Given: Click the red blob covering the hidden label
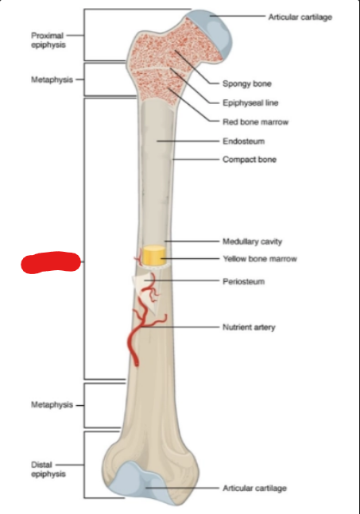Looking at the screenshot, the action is click(51, 262).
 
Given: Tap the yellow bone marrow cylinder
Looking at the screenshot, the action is click(153, 255).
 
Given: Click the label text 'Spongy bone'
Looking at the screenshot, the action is click(247, 83).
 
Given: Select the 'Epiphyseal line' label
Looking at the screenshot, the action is click(250, 103).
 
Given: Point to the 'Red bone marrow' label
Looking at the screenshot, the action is click(255, 122).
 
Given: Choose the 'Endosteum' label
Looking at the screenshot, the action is click(244, 141).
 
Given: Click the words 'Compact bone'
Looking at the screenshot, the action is click(250, 160).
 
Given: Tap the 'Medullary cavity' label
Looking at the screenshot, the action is click(252, 242).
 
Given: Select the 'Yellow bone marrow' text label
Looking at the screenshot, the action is click(260, 259).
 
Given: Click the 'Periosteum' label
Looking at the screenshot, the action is click(244, 281).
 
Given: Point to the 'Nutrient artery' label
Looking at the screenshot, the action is click(249, 327).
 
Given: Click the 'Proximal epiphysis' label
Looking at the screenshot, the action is click(48, 40).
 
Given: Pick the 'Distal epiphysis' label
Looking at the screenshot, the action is click(48, 469).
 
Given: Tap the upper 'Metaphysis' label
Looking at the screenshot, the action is click(52, 79).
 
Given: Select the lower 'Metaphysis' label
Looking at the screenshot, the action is click(52, 405).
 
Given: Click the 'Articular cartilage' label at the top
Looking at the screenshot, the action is click(300, 17).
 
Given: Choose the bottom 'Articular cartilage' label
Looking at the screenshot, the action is click(255, 489).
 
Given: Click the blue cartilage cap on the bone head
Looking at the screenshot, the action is click(213, 33).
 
